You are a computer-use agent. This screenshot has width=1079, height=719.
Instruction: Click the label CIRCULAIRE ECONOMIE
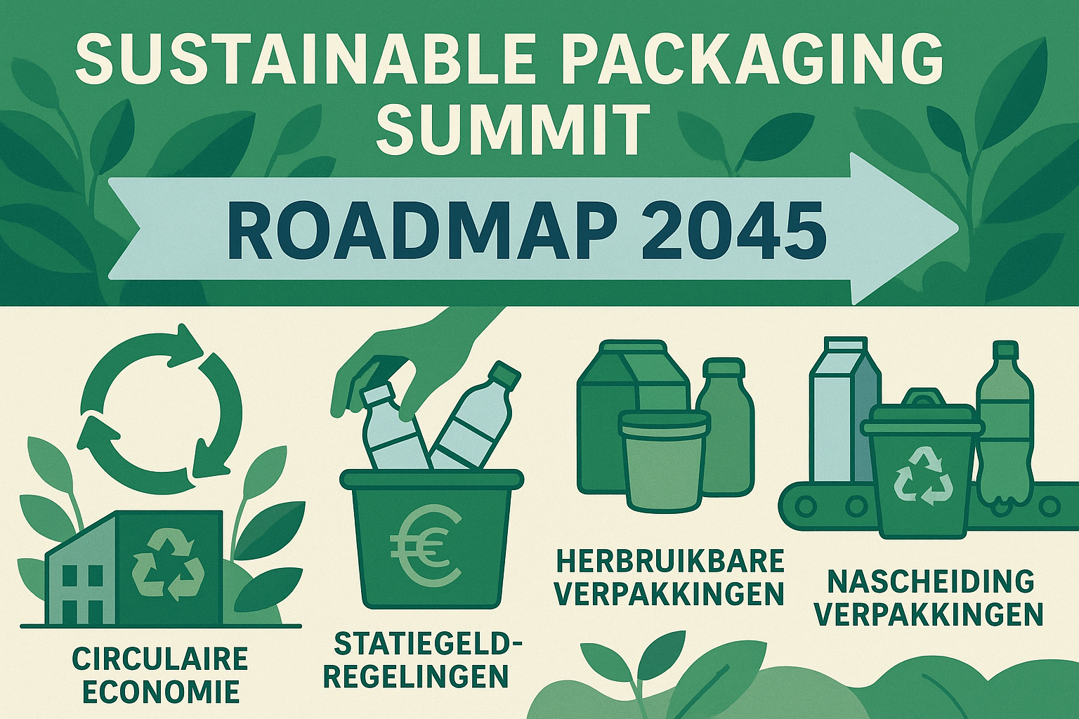click(160, 675)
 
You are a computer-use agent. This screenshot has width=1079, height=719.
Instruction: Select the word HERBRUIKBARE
click(669, 561)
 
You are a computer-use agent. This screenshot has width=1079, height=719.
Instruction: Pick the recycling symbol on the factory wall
click(169, 565)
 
